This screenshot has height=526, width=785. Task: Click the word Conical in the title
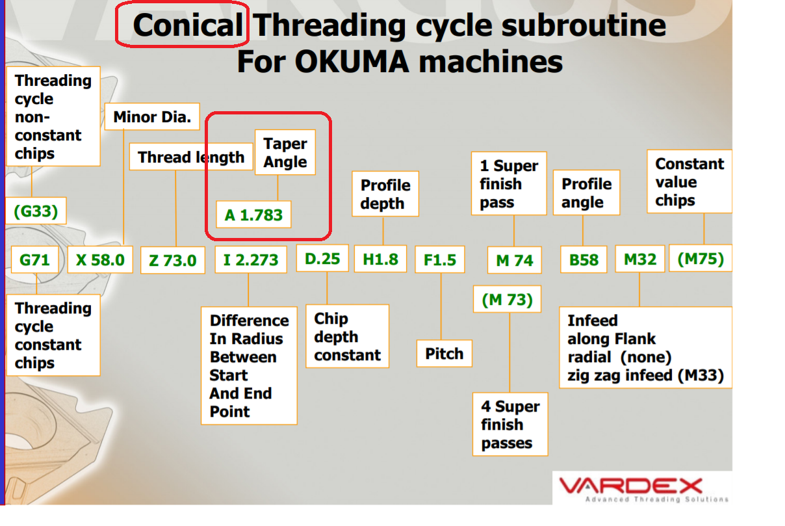coord(188,25)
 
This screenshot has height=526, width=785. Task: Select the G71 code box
coord(34,259)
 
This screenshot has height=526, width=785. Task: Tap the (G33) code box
coord(36,211)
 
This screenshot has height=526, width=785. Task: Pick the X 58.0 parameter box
coord(100,260)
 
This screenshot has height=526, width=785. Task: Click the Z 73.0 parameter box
coord(173,260)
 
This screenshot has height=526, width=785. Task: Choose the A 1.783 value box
coord(253,215)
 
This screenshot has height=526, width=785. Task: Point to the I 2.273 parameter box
coord(251,259)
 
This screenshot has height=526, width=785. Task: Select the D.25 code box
coord(322,258)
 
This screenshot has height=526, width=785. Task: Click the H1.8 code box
coord(381,259)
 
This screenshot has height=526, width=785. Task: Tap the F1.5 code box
coord(440,259)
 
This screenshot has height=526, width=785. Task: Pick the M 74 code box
coord(515,260)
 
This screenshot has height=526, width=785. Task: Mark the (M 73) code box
coord(507,299)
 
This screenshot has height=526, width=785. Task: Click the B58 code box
coord(584,259)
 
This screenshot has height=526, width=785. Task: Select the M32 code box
coord(640,259)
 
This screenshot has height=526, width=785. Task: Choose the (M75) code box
coord(701,258)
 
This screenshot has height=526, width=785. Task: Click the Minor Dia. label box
coord(152,116)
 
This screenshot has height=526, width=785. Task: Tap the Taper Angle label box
coord(285,152)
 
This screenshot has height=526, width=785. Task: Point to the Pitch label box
coord(444,354)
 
